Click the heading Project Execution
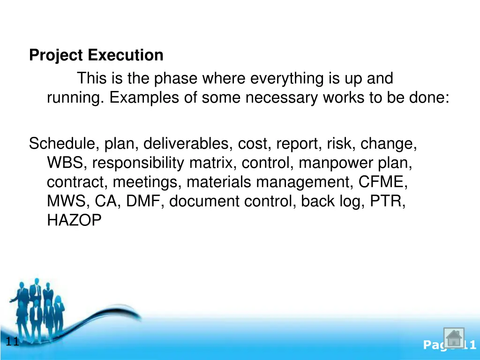96,55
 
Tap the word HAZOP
74,220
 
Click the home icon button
454,337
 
